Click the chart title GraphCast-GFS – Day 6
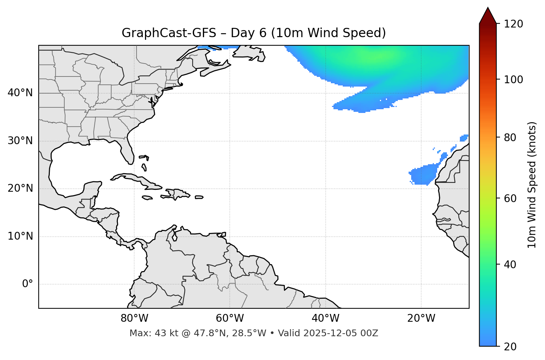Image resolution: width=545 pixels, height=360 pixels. click(x=254, y=33)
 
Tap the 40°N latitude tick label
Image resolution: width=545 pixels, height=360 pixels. click(x=20, y=93)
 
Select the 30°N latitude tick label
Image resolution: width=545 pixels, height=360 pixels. click(x=20, y=141)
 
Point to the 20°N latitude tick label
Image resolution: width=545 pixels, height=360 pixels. click(x=20, y=188)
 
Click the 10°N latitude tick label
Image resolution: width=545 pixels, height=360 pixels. click(x=20, y=236)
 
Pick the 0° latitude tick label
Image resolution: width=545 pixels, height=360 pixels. click(x=27, y=284)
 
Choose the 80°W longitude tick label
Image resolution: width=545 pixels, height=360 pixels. click(x=134, y=318)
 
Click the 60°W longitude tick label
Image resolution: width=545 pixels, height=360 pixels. click(x=230, y=318)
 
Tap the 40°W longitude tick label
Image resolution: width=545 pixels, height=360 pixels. click(x=325, y=318)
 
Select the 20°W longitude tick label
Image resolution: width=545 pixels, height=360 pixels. click(x=421, y=318)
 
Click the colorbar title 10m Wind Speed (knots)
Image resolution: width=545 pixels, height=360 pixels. click(x=532, y=185)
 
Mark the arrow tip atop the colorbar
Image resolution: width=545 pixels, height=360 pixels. click(x=488, y=7)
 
